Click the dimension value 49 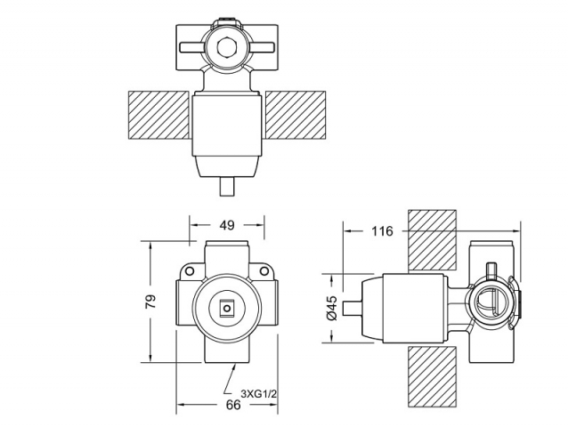click(227, 227)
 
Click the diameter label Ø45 click(330, 307)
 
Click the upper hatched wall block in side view click(432, 240)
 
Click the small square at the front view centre click(228, 310)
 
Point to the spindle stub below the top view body click(228, 188)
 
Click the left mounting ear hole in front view click(190, 269)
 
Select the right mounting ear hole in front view click(265, 269)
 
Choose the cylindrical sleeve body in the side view click(412, 308)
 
